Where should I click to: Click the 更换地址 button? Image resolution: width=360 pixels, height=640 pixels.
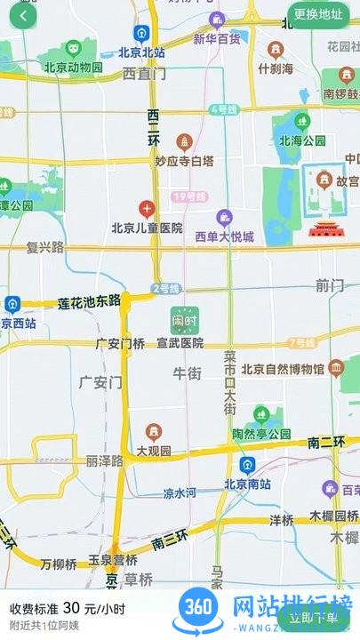point(318,14)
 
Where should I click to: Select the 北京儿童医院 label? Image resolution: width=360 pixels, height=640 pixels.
point(147,228)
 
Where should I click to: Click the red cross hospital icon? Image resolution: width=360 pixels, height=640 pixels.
point(147,210)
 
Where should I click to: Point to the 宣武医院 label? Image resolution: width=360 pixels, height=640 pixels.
point(180,343)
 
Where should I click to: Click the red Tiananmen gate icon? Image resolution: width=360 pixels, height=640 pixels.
point(321,228)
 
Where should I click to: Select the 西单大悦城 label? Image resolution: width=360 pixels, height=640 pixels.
point(225,236)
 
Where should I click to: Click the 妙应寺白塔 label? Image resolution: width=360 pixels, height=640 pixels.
point(185,161)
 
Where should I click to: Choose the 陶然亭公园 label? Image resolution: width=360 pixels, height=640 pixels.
point(262,434)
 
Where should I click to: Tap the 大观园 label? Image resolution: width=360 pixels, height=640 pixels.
point(154,452)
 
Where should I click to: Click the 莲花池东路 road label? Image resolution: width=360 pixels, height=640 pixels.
point(89,303)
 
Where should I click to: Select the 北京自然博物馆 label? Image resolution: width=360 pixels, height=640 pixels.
point(283,369)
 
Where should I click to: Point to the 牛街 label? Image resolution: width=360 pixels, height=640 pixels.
point(187,373)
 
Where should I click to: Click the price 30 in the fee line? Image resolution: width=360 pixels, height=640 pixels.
point(72,609)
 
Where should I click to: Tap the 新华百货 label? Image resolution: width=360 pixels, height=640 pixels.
point(217,39)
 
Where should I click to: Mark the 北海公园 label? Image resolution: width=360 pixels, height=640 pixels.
point(302,140)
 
